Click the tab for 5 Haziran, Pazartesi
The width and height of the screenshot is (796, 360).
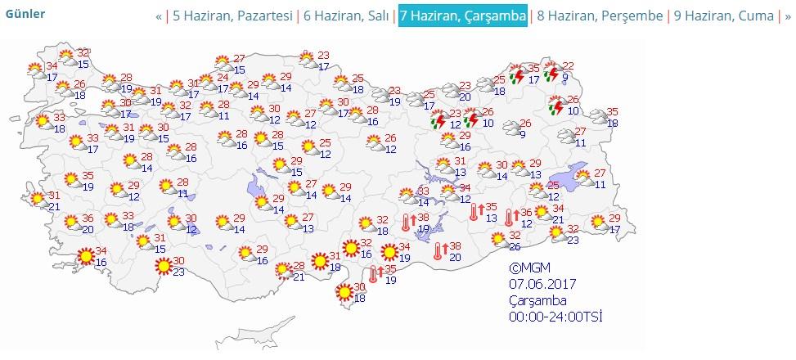click(x=232, y=16)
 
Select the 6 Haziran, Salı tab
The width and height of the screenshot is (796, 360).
click(x=346, y=16)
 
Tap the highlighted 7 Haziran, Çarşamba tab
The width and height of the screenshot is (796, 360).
click(x=462, y=16)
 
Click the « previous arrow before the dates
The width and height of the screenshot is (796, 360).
click(x=159, y=16)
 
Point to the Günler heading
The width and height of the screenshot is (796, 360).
click(x=26, y=14)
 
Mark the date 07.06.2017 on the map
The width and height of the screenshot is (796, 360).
click(x=542, y=283)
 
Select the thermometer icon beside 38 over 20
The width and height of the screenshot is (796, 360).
click(x=439, y=250)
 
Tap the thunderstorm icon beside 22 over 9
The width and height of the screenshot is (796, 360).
click(x=551, y=73)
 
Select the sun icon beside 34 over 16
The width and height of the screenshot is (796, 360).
click(x=84, y=256)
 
